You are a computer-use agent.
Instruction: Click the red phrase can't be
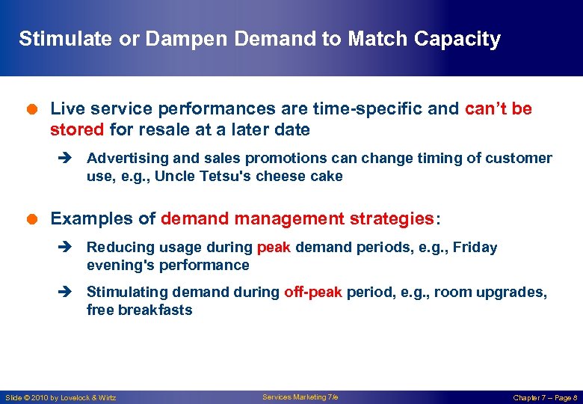(499, 109)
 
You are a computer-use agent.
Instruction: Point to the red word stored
(77, 129)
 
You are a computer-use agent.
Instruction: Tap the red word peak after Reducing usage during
(274, 248)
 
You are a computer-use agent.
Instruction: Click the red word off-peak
(313, 293)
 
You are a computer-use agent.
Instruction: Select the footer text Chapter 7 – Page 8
(544, 398)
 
